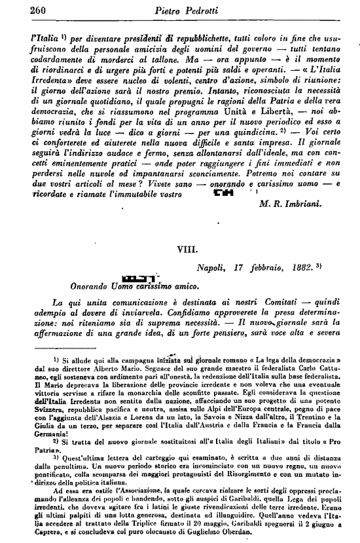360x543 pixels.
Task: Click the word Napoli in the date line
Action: point(212,269)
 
